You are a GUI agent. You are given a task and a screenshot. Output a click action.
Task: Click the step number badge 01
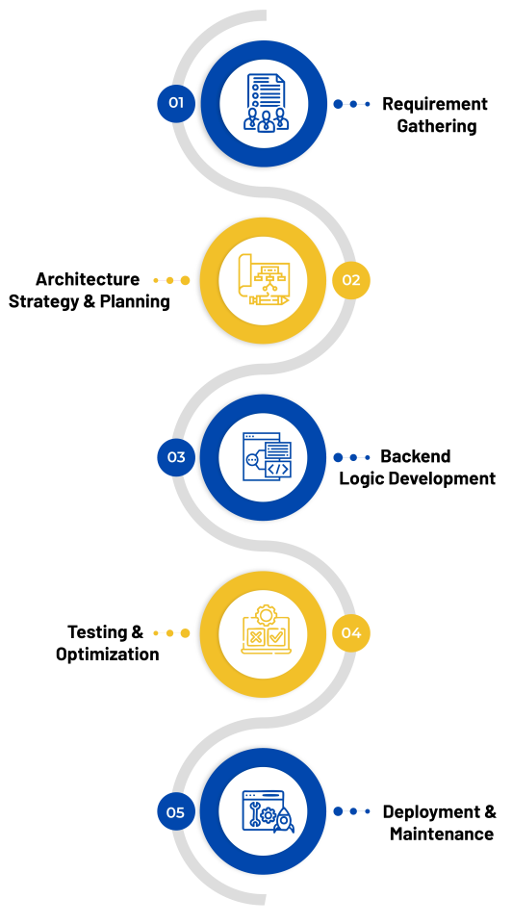[x=175, y=103]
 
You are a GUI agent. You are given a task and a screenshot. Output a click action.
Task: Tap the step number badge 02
[x=350, y=280]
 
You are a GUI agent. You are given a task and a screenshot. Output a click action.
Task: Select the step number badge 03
[x=175, y=456]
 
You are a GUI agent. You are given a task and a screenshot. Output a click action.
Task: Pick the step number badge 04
[x=350, y=633]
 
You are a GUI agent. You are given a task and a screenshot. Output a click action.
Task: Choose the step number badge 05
[x=175, y=812]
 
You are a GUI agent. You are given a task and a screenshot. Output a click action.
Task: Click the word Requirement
[x=435, y=104]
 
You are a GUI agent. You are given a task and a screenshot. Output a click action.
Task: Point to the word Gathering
[x=437, y=126]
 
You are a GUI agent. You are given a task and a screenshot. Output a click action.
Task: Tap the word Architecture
[x=88, y=279]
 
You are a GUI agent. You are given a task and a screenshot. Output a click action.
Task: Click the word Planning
[x=135, y=301]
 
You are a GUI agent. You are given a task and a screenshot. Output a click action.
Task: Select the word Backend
[x=416, y=456]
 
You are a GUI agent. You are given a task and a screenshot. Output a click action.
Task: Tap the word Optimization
[x=107, y=654]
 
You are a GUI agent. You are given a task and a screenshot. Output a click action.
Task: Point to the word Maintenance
[x=442, y=834]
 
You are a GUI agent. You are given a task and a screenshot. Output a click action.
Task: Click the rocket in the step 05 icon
[x=283, y=820]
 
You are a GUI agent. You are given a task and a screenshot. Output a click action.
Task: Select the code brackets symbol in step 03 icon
[x=277, y=469]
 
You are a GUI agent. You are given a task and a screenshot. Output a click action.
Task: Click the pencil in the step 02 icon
[x=269, y=300]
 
